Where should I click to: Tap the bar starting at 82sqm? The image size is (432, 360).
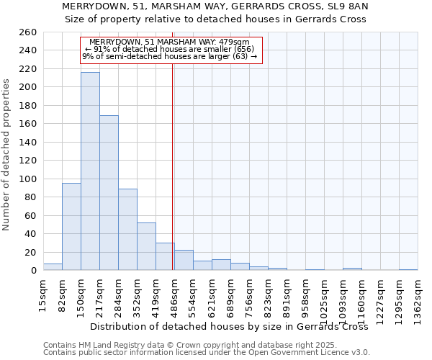pos(71,227)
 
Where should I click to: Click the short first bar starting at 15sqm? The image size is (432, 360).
pos(53,267)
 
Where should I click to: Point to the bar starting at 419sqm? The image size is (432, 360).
pos(165,256)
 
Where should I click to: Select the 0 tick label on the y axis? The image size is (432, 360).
pos(33,271)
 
